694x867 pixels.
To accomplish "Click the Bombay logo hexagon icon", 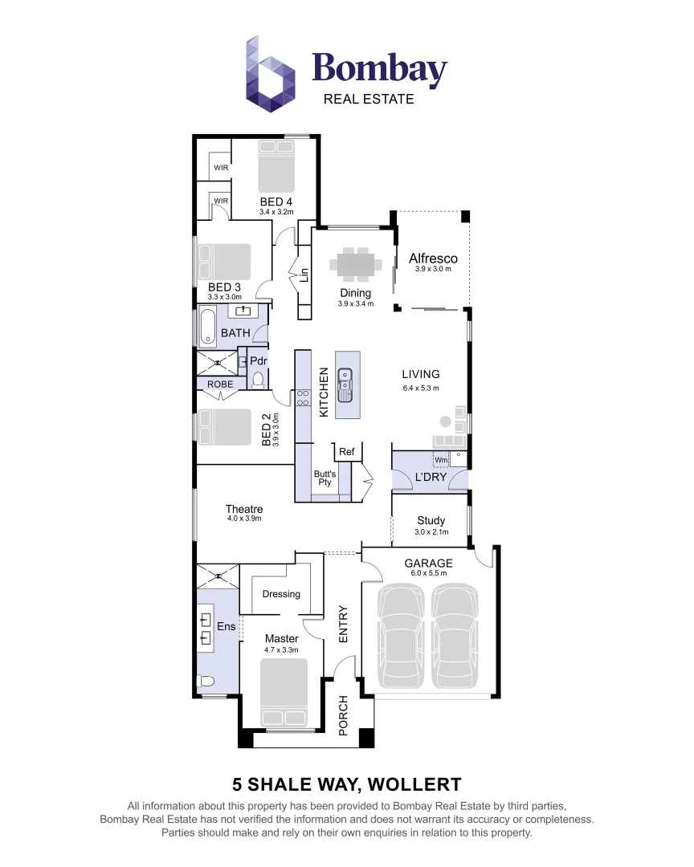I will (271, 74).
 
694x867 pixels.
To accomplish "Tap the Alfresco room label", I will (433, 258).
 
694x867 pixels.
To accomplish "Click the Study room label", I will (431, 520).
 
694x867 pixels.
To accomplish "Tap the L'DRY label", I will (430, 477).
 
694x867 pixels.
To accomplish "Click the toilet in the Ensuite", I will (206, 682).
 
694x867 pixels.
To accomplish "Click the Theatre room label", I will (243, 509).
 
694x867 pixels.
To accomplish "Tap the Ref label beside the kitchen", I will (346, 452).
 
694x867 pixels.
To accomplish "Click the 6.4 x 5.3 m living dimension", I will (421, 389).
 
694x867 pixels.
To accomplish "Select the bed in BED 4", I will (276, 166).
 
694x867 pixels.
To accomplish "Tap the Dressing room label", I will (281, 594).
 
